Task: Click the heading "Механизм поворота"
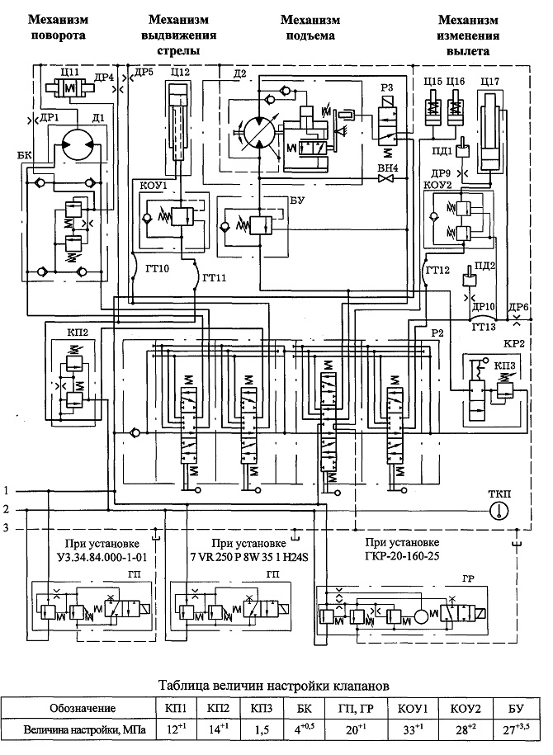pyautogui.click(x=59, y=27)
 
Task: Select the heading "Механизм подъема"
pyautogui.click(x=310, y=27)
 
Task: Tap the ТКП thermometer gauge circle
pyautogui.click(x=499, y=511)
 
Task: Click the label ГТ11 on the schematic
pyautogui.click(x=215, y=278)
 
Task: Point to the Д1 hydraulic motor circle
pyautogui.click(x=78, y=143)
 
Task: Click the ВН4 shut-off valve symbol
pyautogui.click(x=386, y=179)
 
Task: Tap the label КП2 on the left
pyautogui.click(x=67, y=333)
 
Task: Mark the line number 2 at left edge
pyautogui.click(x=7, y=509)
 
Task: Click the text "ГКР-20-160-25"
pyautogui.click(x=402, y=556)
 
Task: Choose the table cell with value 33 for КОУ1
pyautogui.click(x=411, y=729)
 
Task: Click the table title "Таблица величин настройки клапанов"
pyautogui.click(x=273, y=685)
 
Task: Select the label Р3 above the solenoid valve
pyautogui.click(x=386, y=87)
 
